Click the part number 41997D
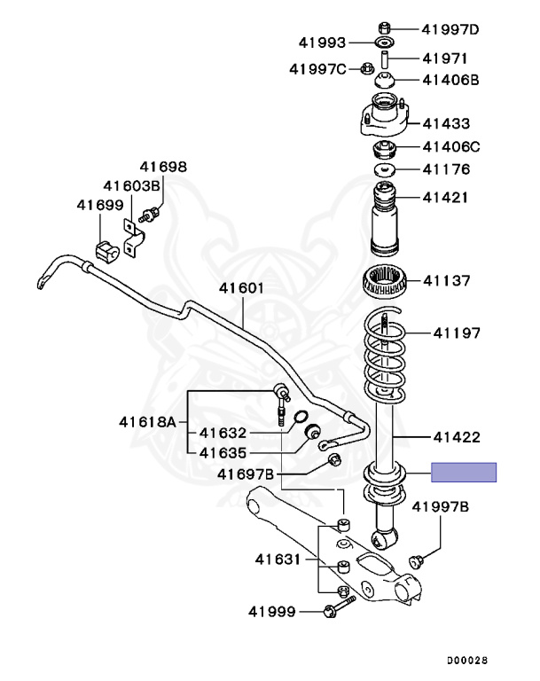click(450, 29)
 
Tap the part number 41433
click(446, 124)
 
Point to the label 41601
click(243, 288)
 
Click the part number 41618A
click(148, 422)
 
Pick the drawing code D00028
click(466, 661)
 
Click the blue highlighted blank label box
click(464, 473)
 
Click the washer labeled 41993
click(385, 43)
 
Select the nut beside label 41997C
click(366, 67)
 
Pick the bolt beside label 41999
click(338, 607)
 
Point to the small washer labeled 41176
click(386, 169)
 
